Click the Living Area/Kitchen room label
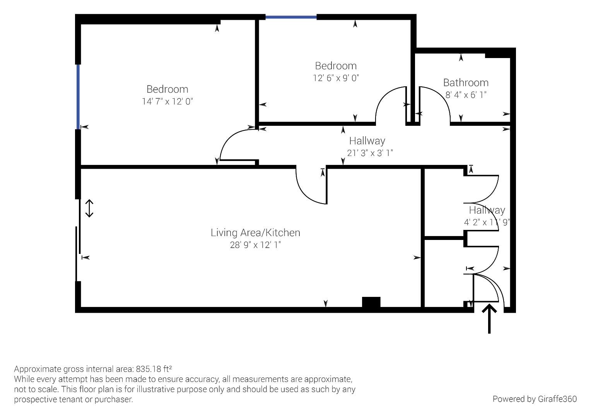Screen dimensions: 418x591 (255, 233)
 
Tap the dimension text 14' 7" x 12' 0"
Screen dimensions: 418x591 (167, 101)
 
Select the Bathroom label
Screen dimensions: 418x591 (466, 83)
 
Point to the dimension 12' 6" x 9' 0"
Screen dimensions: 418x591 (336, 78)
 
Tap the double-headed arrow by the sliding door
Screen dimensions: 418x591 (89, 208)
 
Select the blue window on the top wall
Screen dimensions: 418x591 (291, 17)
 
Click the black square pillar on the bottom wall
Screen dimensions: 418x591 (371, 302)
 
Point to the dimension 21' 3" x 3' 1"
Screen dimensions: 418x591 (370, 153)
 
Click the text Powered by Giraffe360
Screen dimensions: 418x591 (535, 399)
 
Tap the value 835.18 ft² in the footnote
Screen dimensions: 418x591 (154, 368)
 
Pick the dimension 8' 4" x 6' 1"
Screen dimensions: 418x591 (466, 95)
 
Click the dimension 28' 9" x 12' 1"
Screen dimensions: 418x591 (255, 245)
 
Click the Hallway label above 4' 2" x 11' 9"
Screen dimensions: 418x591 (487, 210)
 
